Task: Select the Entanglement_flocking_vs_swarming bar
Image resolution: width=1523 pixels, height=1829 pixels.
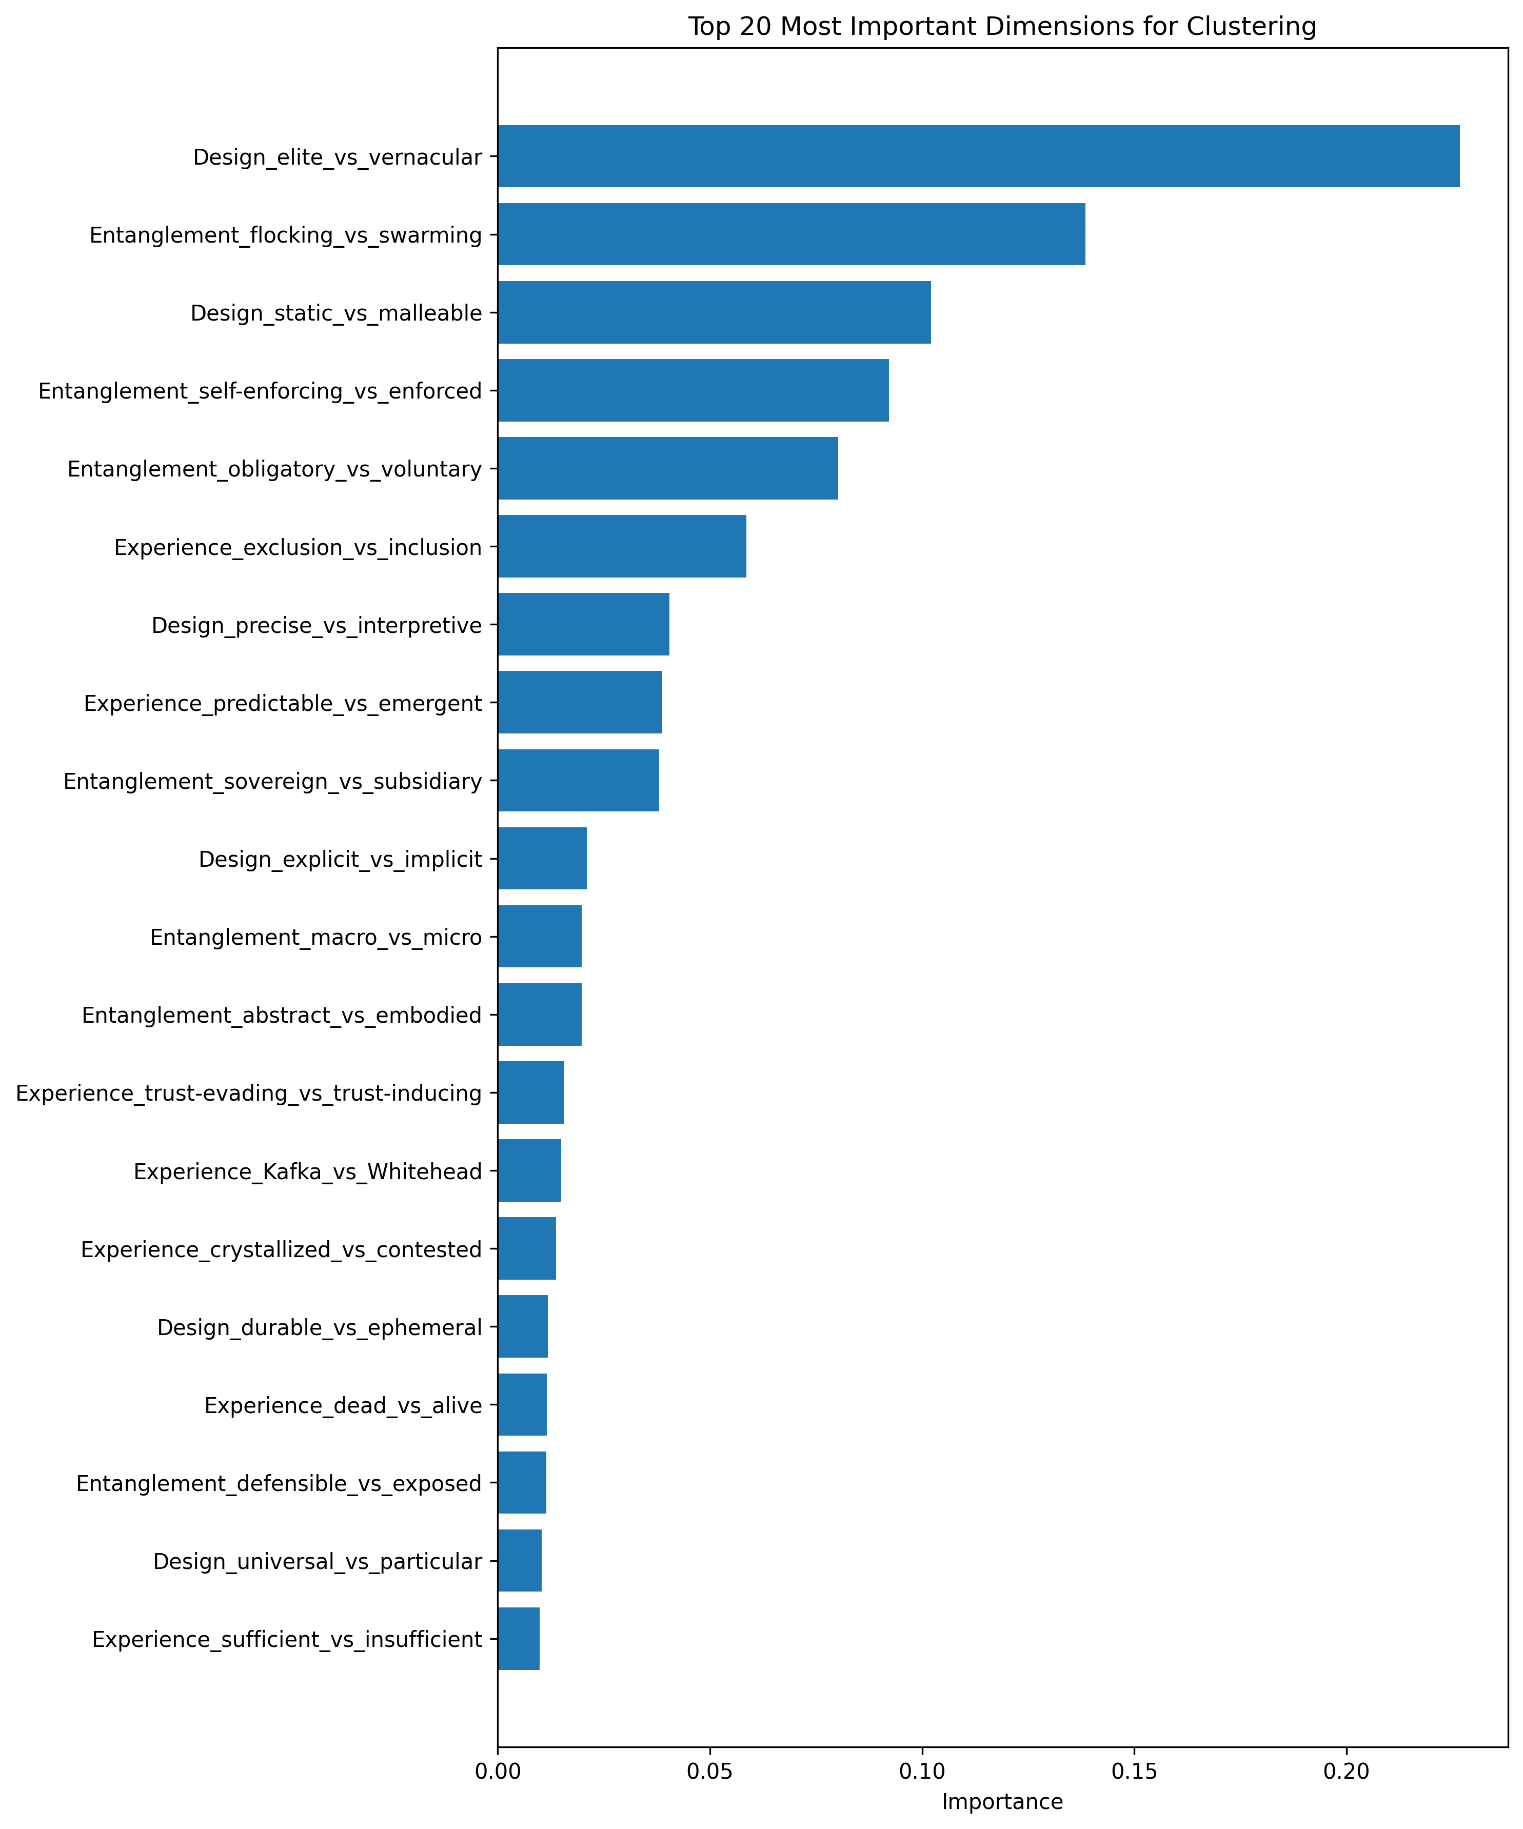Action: point(791,234)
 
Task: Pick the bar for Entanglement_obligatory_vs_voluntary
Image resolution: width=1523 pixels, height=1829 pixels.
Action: point(667,469)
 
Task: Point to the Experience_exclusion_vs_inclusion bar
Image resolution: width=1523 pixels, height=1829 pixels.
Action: point(621,546)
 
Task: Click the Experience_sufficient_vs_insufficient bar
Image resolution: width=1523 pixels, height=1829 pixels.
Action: point(519,1639)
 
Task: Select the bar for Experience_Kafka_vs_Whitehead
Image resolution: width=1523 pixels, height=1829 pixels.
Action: point(529,1170)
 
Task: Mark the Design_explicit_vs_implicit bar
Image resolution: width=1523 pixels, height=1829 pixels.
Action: point(542,859)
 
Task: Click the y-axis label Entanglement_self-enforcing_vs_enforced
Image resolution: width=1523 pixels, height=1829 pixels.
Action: point(260,391)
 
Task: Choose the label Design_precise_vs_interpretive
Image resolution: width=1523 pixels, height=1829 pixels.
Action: point(317,625)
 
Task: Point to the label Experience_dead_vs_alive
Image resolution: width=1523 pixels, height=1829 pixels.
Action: point(343,1406)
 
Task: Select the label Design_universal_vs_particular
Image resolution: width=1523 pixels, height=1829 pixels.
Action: point(317,1562)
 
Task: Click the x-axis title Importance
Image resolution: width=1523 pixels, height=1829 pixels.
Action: point(1002,1802)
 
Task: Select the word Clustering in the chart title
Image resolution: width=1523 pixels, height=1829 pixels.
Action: point(1256,27)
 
